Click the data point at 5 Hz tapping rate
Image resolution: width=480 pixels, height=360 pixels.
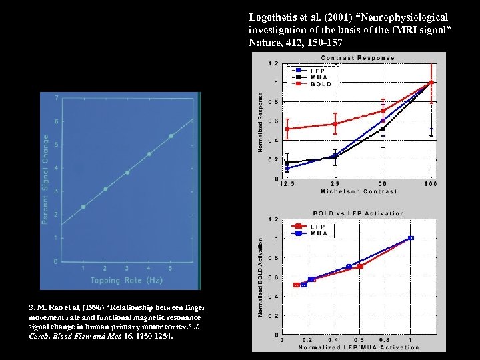click(171, 136)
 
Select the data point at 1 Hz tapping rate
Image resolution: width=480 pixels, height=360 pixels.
click(83, 207)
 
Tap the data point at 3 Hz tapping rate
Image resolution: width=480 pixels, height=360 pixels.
click(127, 172)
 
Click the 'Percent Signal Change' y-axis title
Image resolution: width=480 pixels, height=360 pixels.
click(45, 179)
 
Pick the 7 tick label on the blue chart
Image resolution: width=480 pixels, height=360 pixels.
click(57, 98)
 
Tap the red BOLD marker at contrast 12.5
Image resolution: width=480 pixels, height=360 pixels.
click(287, 129)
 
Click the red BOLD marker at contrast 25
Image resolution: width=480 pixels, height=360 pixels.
click(335, 123)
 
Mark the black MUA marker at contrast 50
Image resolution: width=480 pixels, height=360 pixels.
click(383, 128)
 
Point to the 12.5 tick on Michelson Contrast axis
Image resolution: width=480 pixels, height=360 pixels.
click(287, 183)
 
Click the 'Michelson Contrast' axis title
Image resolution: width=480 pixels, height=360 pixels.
click(358, 191)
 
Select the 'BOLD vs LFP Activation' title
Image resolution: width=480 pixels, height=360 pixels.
click(359, 213)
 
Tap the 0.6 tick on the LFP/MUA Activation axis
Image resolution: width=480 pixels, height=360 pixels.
click(361, 340)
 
